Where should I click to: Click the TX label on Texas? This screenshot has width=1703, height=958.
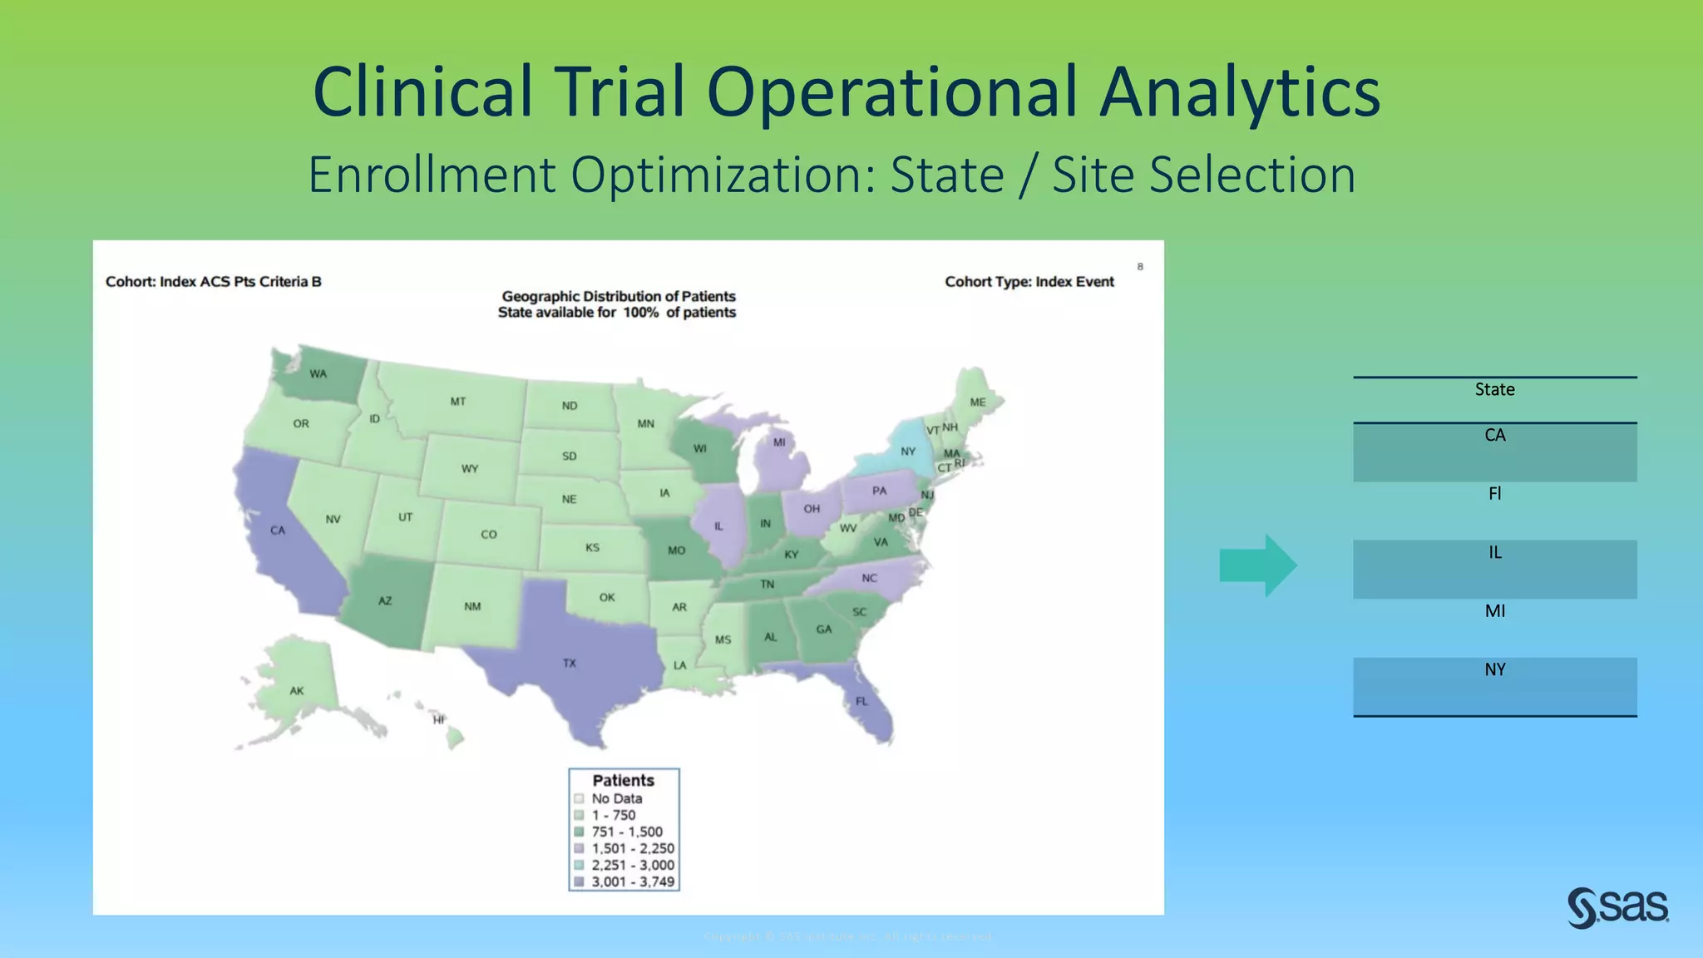[569, 664]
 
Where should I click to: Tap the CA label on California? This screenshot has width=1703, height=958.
[278, 531]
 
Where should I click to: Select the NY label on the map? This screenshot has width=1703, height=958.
[908, 452]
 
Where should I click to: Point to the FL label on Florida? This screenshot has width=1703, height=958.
[861, 702]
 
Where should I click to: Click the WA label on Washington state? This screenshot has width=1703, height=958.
[318, 374]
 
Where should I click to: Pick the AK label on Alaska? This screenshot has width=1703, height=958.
[297, 691]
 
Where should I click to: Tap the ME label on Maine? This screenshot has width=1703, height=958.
[978, 402]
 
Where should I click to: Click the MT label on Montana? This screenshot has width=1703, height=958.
[458, 402]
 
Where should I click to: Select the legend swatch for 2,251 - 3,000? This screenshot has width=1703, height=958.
[579, 865]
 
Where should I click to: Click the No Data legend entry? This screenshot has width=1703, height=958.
[616, 798]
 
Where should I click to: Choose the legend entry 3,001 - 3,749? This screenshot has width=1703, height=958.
[632, 881]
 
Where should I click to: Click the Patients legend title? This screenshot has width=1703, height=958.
[623, 780]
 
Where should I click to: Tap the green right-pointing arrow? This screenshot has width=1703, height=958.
[1257, 565]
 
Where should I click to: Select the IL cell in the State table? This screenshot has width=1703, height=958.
[1494, 553]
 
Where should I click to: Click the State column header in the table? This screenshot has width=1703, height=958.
[1494, 389]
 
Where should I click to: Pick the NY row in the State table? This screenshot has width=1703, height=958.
[1494, 670]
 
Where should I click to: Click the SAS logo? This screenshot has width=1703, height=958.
[1617, 907]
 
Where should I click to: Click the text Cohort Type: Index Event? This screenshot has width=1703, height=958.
[1029, 282]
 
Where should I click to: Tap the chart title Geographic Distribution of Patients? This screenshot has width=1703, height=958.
[618, 296]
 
